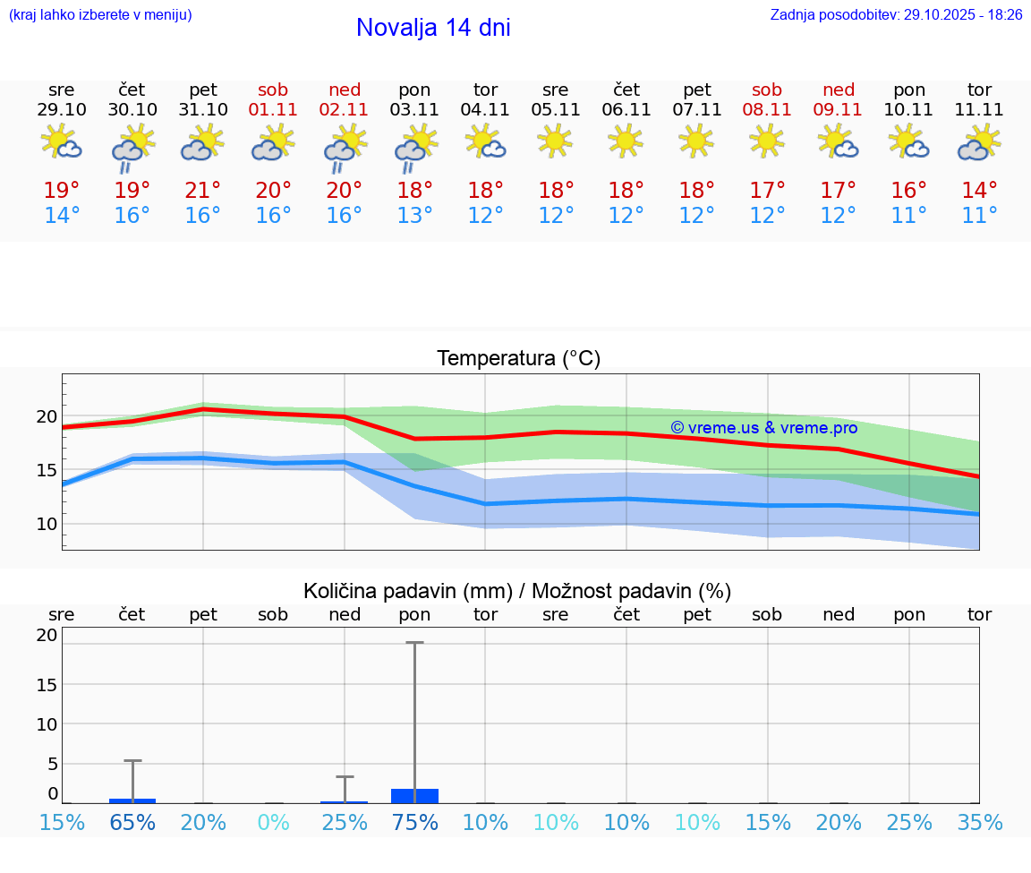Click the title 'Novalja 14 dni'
(x=433, y=28)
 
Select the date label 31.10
(x=203, y=110)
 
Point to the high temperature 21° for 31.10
(x=203, y=191)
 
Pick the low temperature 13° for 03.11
(x=414, y=216)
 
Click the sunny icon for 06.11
(x=626, y=141)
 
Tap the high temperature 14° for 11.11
(x=979, y=191)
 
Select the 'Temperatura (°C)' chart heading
(x=518, y=359)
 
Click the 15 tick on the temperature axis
(x=47, y=470)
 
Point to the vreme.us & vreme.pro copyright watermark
(x=763, y=428)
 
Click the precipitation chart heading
(x=517, y=591)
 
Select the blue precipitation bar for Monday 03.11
(x=414, y=796)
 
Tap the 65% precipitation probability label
(x=132, y=822)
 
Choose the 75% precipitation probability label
(x=414, y=822)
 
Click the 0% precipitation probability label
(x=273, y=822)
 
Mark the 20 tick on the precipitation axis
(x=47, y=635)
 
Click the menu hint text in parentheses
(x=100, y=15)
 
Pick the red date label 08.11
(x=767, y=110)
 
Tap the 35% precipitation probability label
(x=979, y=822)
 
